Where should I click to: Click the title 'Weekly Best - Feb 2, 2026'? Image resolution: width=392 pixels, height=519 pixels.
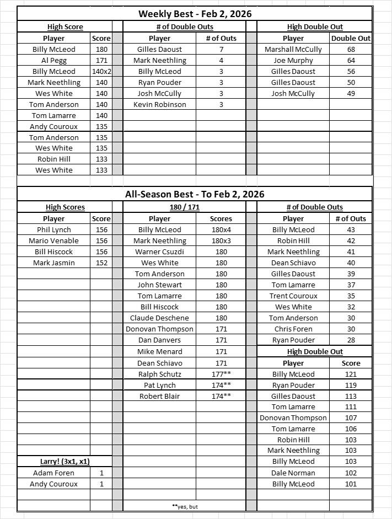click(x=195, y=14)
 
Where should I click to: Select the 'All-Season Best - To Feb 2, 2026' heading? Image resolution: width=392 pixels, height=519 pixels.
click(x=195, y=194)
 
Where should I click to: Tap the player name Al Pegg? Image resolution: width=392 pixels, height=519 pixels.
click(x=54, y=60)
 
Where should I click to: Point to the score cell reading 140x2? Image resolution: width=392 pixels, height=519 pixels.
click(x=101, y=71)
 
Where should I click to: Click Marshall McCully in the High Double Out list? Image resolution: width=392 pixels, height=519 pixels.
click(x=293, y=49)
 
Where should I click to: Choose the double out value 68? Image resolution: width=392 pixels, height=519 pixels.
click(x=351, y=49)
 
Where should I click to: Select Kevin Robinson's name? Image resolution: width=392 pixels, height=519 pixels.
click(x=160, y=104)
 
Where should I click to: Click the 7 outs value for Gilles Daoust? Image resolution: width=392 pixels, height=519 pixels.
click(x=221, y=49)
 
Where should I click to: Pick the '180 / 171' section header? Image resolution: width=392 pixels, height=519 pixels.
click(x=184, y=207)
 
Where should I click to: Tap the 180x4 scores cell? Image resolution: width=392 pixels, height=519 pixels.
click(x=221, y=229)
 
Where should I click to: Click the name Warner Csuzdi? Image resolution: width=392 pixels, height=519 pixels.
click(x=160, y=252)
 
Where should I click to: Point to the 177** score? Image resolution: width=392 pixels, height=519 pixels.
click(x=221, y=374)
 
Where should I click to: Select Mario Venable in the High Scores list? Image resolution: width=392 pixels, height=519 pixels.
click(x=54, y=240)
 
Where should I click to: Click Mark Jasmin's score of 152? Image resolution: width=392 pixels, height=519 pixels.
click(x=101, y=263)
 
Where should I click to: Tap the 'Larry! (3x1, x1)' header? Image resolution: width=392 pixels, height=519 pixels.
click(x=54, y=461)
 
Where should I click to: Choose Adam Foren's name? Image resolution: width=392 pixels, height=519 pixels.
click(x=54, y=473)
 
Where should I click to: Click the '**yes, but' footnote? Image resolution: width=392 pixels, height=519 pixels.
click(x=184, y=506)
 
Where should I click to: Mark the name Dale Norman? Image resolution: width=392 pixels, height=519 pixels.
click(x=293, y=473)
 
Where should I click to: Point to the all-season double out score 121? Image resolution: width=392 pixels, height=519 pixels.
click(x=351, y=374)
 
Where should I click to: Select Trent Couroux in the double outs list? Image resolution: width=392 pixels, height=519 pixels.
click(x=293, y=296)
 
